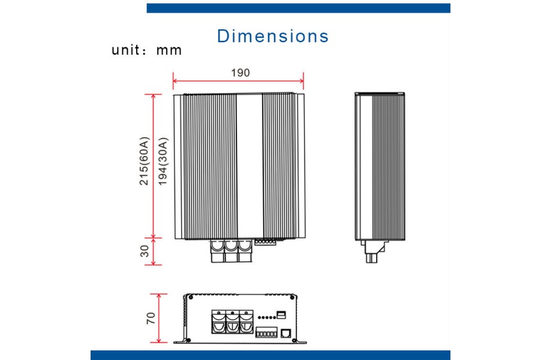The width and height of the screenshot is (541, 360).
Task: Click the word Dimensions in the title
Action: (272, 36)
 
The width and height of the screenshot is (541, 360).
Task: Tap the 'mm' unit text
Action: (169, 50)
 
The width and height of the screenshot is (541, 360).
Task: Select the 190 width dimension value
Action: (240, 73)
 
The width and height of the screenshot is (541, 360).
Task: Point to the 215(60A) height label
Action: (144, 161)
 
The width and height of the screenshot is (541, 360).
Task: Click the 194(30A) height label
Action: (163, 161)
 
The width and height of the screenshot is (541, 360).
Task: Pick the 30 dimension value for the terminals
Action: (145, 251)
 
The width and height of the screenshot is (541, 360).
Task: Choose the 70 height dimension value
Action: (151, 318)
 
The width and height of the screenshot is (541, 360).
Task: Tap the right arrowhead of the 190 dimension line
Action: (302, 81)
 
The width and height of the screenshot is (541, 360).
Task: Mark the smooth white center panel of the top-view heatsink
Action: (250, 166)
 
